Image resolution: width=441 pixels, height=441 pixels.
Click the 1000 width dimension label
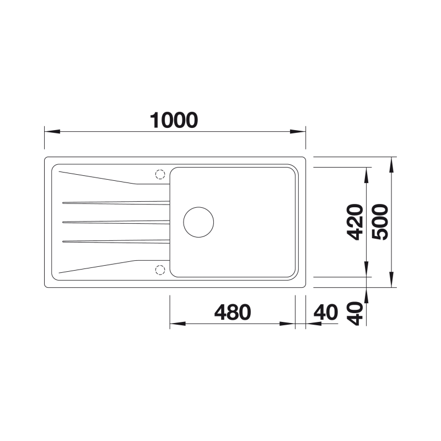tap(174, 120)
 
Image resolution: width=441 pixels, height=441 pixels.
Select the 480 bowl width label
tap(233, 312)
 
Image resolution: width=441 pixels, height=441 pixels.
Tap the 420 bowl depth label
tap(355, 222)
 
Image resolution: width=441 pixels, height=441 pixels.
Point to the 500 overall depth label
tap(380, 222)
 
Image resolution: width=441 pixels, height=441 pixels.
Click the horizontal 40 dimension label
tap(326, 312)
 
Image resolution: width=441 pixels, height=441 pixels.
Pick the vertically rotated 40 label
tap(355, 314)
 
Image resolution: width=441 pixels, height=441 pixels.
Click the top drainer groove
tap(116, 203)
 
